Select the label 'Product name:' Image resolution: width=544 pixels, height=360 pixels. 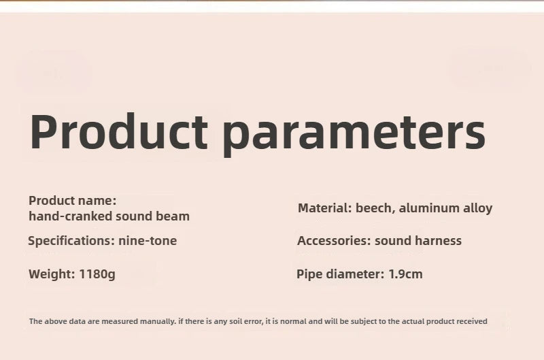click(x=73, y=201)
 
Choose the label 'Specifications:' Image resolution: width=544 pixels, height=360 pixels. click(x=71, y=241)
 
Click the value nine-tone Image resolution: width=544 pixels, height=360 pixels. click(x=148, y=240)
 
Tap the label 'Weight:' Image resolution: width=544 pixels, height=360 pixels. click(x=52, y=274)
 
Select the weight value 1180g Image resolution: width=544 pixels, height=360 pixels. click(x=97, y=274)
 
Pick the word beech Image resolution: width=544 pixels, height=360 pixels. click(x=375, y=208)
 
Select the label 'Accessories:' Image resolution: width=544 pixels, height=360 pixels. click(x=334, y=241)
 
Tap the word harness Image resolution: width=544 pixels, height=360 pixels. click(x=437, y=241)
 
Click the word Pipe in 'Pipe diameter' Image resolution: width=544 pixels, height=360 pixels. click(x=309, y=274)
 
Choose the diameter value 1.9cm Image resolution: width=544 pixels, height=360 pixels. click(x=405, y=274)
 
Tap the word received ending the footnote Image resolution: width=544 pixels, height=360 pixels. click(x=473, y=321)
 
